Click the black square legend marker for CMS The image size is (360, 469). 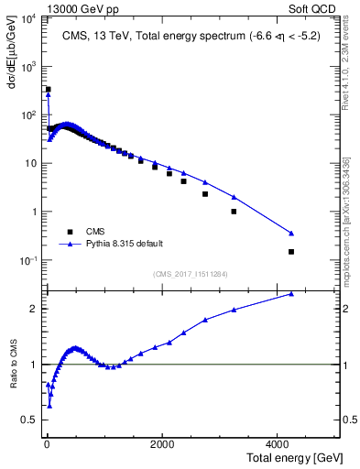pos(67,232)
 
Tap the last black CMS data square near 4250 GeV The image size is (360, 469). pos(291,251)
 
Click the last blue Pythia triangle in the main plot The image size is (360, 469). pos(291,233)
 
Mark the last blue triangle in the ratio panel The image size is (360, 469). pos(291,294)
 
